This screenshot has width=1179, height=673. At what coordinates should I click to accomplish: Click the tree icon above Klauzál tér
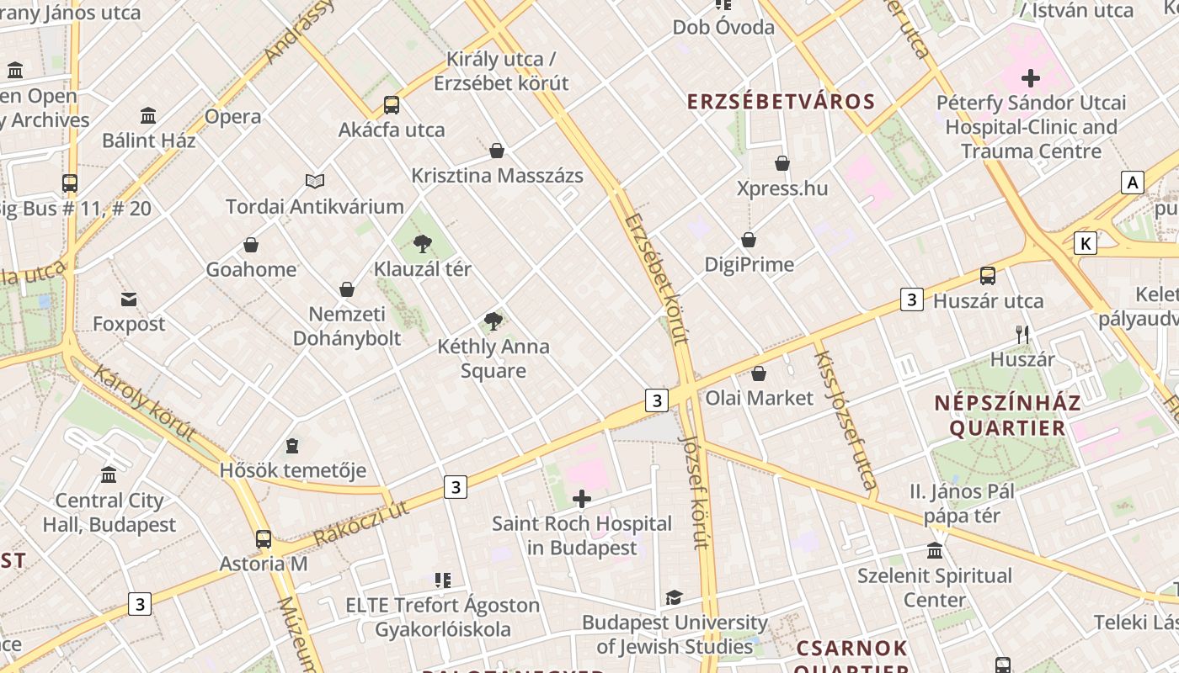coord(423,244)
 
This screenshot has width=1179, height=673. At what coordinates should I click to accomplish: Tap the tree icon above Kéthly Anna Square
coord(493,321)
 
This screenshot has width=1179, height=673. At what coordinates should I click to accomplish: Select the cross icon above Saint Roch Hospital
coord(581,499)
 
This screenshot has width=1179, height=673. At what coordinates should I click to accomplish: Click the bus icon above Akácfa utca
coord(392,105)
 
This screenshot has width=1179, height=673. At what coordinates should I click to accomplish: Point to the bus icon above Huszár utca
coord(987,276)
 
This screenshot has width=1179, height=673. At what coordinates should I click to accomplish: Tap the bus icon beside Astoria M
coord(264,539)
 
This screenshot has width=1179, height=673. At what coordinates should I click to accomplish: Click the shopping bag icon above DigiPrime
coord(749,241)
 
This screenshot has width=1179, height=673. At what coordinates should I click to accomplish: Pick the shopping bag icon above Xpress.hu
coord(782,163)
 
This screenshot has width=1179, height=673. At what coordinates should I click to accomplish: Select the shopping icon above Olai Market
coord(759,374)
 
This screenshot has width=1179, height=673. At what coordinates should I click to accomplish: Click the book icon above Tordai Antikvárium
coord(315,181)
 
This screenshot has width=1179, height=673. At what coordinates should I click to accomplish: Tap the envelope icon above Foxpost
coord(129,299)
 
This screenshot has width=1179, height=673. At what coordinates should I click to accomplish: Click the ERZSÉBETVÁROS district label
coord(782,102)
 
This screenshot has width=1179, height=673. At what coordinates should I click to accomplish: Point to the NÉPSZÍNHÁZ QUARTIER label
coord(1007,415)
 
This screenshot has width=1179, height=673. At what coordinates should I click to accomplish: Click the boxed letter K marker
coord(1086,244)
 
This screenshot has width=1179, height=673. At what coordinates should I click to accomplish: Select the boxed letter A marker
coord(1133,183)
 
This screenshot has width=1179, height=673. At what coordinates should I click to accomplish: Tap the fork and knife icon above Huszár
coord(1022,335)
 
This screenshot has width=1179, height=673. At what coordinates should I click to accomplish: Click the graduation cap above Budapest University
coord(674,598)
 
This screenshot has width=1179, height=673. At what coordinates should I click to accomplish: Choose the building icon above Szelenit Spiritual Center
coord(935,551)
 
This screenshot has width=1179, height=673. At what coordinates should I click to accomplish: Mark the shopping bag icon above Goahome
coord(251,245)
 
